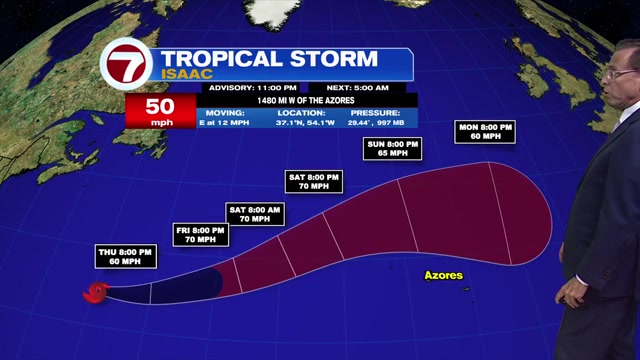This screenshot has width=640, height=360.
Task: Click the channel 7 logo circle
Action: tap(127, 69)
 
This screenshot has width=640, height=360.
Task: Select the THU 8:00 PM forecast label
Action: tap(126, 255)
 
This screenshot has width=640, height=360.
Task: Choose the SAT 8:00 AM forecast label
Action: tap(249, 212)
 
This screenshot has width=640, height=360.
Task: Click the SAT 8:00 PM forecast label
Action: tap(314, 181)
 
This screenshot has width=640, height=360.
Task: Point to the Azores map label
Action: tap(443, 274)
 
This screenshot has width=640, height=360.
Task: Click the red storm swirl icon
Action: tap(95, 292)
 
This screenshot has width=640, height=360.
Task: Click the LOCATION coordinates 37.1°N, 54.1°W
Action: tap(306, 118)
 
